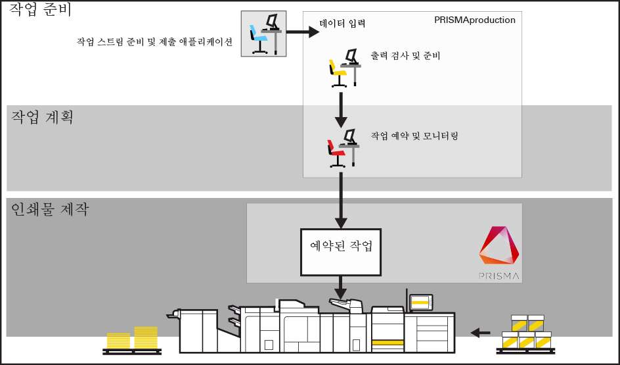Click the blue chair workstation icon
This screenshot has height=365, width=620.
(264, 34)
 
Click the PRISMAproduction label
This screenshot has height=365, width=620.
(474, 20)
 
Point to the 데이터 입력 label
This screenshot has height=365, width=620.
(342, 24)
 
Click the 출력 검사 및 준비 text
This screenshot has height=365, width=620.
(405, 56)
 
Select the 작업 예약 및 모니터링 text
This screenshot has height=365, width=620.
(414, 136)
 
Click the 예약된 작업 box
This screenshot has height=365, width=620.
(341, 252)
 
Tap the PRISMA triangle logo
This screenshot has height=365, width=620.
(499, 245)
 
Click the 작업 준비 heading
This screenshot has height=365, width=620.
(40, 9)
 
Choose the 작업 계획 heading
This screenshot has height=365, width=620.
(42, 117)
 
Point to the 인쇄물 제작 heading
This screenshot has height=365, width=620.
(50, 209)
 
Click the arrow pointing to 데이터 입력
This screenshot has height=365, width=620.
(303, 32)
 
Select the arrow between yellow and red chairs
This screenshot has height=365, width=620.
(341, 110)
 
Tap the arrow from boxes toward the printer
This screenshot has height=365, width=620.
(480, 333)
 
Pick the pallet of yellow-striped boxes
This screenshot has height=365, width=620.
(526, 333)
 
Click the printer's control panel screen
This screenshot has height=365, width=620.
(421, 303)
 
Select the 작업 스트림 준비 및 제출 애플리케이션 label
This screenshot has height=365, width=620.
(154, 42)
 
